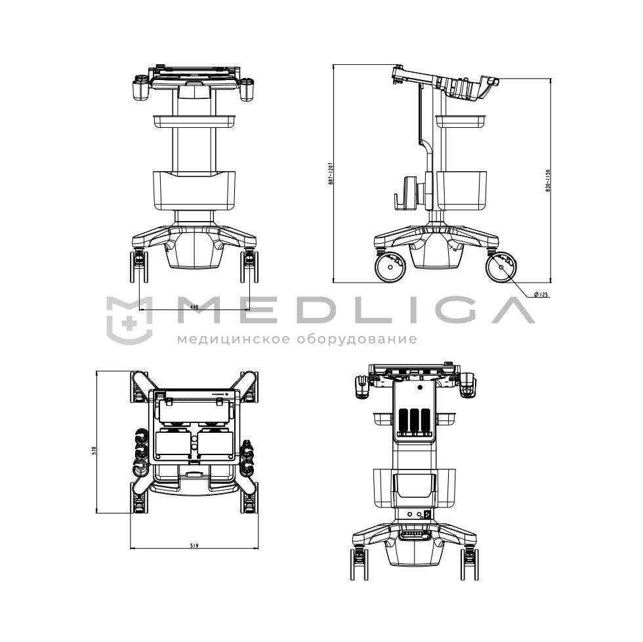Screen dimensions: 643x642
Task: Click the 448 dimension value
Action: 194,306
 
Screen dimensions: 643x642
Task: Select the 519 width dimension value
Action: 194,546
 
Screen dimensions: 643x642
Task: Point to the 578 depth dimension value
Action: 93,451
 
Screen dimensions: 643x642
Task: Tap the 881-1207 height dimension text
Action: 331,174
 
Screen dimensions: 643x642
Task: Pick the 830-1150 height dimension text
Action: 547,180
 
